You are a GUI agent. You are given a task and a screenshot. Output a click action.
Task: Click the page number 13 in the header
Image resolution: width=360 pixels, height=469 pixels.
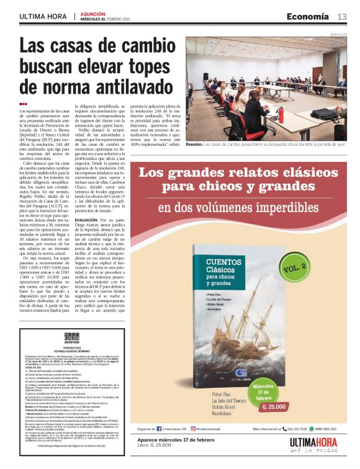(x=342, y=16)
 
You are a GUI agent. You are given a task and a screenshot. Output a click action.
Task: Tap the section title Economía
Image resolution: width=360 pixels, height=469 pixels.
(x=308, y=16)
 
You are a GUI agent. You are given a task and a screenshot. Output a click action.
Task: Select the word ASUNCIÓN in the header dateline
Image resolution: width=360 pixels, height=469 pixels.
(x=91, y=13)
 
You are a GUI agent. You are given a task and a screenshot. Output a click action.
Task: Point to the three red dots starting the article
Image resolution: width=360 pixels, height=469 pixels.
(x=24, y=104)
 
